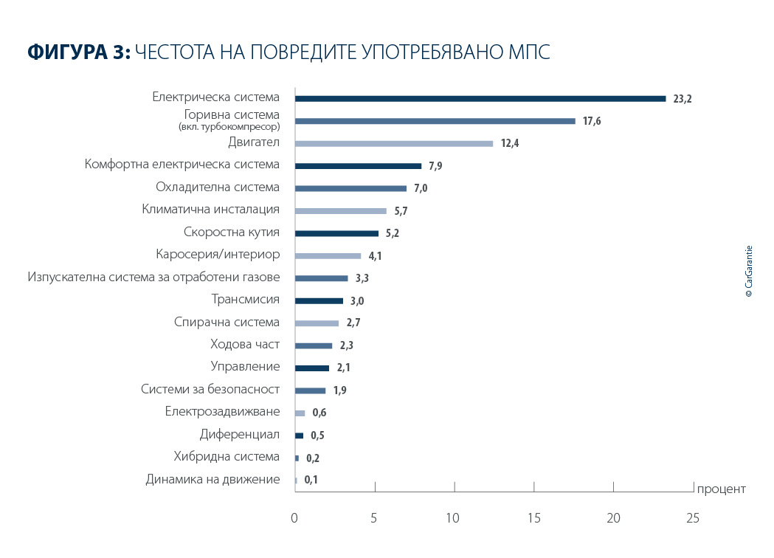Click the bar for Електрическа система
click(480, 98)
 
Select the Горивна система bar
click(435, 121)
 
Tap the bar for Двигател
click(393, 143)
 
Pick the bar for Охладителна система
click(350, 188)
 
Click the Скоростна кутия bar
click(336, 233)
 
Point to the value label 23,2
click(683, 99)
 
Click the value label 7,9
click(435, 166)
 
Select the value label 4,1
click(376, 256)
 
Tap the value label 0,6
click(319, 413)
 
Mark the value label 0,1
click(311, 480)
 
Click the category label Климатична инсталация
click(211, 210)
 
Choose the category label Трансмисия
click(246, 300)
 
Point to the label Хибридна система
click(227, 456)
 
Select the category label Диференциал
click(240, 434)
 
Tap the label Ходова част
click(245, 344)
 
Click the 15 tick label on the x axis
click(533, 519)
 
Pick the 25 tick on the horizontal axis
click(692, 519)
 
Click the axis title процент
click(722, 489)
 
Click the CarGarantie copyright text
click(748, 271)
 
